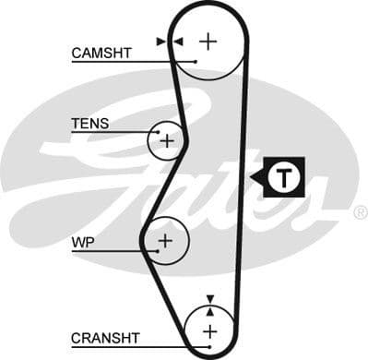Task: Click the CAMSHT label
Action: click(101, 53)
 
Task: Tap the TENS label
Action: click(89, 123)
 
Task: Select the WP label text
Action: click(83, 243)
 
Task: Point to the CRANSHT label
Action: click(104, 338)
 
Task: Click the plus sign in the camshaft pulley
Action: click(209, 41)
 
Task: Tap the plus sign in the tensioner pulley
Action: click(167, 141)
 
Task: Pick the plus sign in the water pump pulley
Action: click(165, 242)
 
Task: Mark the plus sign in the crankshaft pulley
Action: click(209, 330)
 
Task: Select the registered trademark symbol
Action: click(360, 212)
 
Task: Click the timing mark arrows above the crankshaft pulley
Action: click(210, 300)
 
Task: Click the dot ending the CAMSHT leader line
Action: click(196, 61)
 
